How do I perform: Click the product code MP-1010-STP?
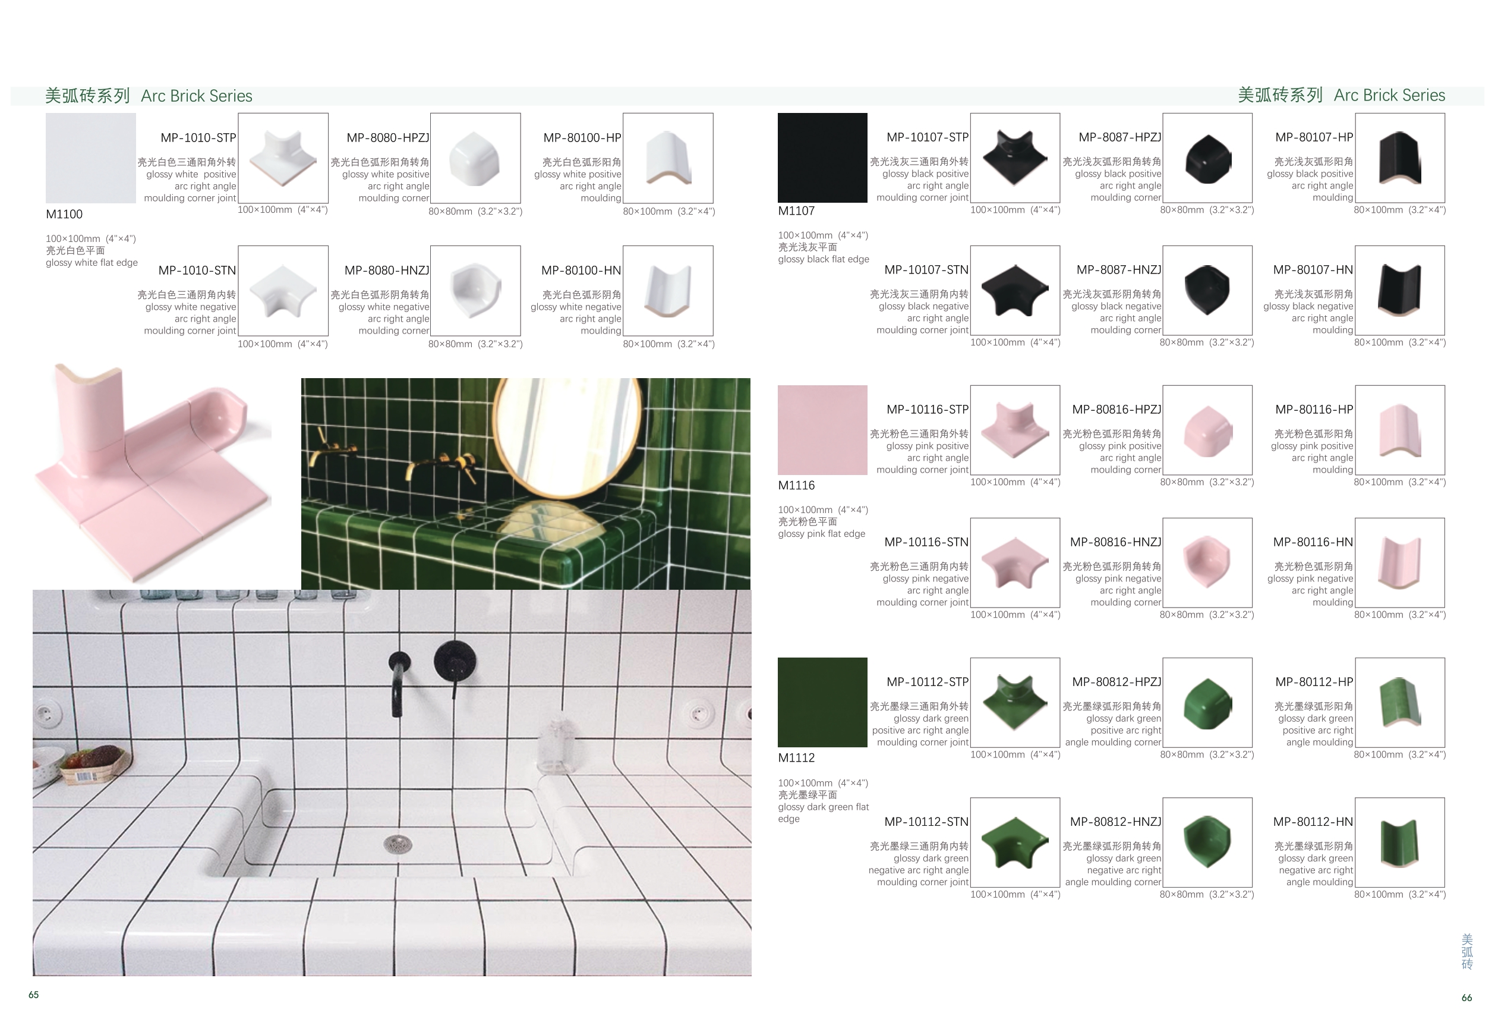pos(198,138)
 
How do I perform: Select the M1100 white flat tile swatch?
pos(91,158)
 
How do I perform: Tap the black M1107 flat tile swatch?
pos(822,158)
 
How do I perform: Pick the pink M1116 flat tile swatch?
pos(822,430)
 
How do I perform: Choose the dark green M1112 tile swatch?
pos(822,702)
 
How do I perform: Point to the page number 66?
pos(1466,998)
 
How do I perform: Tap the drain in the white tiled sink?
pos(398,844)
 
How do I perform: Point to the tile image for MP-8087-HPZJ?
pos(1207,158)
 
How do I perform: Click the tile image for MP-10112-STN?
pos(1015,842)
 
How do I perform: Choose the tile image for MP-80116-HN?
pos(1400,563)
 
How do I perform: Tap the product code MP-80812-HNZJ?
pos(1115,822)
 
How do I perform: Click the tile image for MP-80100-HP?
pos(668,158)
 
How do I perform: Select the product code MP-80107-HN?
pos(1313,271)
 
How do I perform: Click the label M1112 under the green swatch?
pos(796,758)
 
